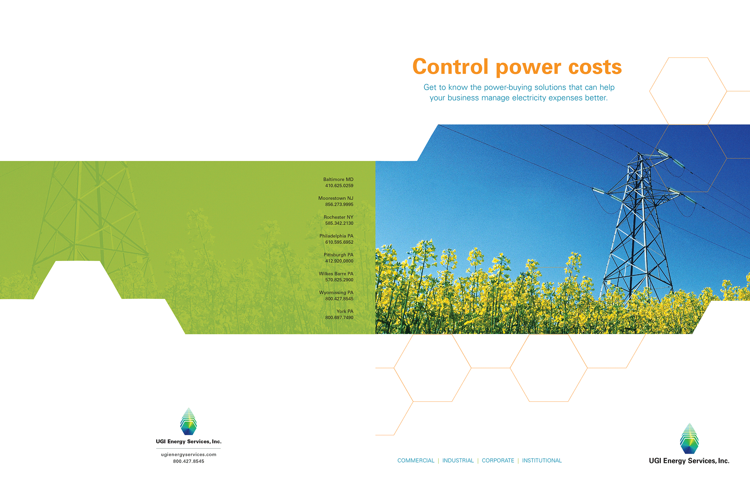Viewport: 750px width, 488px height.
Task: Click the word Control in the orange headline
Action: pos(450,66)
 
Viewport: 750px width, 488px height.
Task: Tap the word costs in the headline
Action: pos(595,67)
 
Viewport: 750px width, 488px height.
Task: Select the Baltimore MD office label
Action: pos(338,179)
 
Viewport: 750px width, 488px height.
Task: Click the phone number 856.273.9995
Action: pos(339,204)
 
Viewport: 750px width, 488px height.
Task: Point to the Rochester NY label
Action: pos(338,217)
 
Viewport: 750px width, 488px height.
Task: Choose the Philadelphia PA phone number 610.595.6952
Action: pos(339,242)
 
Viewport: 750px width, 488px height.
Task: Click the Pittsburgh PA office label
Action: pos(338,255)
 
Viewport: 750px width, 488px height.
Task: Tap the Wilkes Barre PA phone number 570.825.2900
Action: pos(339,280)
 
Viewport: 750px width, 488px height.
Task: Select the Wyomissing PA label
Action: pos(336,293)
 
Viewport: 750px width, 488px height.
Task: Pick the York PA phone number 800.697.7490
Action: pos(339,318)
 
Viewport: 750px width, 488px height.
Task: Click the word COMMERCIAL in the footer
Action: pos(416,461)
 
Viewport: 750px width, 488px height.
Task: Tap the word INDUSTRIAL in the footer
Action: pos(458,461)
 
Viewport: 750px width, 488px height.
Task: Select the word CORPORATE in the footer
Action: pos(498,461)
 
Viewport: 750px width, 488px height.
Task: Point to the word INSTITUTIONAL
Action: pos(542,461)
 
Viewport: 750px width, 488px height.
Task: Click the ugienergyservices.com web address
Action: pos(189,454)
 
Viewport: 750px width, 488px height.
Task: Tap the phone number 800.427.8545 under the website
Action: pos(189,461)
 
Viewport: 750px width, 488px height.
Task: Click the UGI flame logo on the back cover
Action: pos(188,422)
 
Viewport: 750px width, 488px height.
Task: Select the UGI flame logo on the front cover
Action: pos(689,438)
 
